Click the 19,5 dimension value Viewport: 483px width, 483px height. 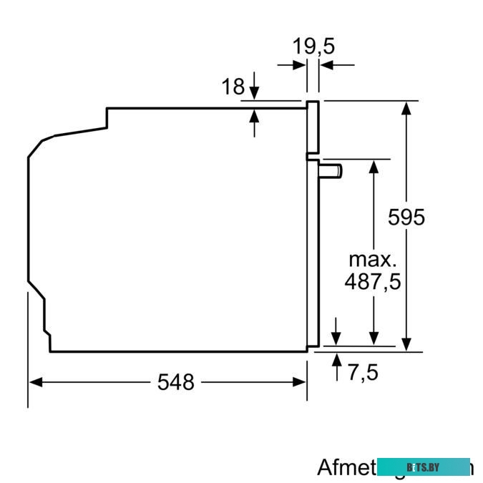click(313, 47)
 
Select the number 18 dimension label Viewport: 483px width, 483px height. click(233, 87)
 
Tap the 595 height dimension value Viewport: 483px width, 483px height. click(406, 217)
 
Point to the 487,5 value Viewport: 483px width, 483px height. click(372, 281)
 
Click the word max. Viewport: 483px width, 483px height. click(371, 258)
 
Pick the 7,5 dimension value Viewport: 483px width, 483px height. click(363, 372)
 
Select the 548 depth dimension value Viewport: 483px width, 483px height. click(175, 383)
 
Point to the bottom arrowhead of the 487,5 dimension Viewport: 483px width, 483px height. click(373, 338)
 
